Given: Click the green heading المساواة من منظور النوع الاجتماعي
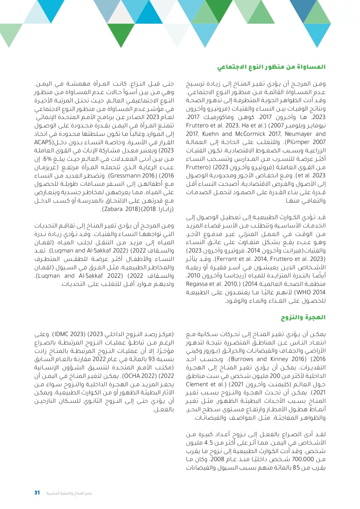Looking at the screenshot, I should [271, 67].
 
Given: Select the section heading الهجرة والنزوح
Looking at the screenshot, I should [303, 317].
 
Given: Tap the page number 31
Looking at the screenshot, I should [37, 492].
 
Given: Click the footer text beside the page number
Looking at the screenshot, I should [69, 493].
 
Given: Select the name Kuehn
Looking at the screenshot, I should [210, 134].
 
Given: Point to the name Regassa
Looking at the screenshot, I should [197, 284].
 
